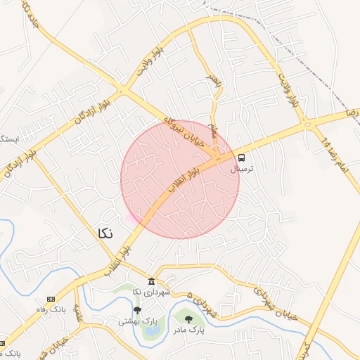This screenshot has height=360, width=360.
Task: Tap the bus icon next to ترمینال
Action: point(242,157)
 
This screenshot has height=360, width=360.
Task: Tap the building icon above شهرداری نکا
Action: point(152,281)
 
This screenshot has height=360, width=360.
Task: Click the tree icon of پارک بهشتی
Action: point(137,309)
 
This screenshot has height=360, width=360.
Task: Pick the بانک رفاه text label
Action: point(51,309)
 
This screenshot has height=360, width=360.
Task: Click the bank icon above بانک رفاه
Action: point(51,299)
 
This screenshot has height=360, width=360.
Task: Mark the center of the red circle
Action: point(180,179)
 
